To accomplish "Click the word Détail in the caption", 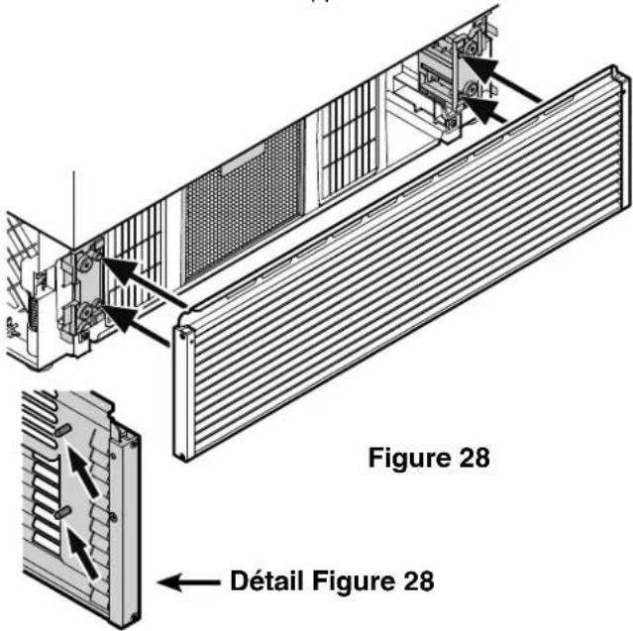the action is tap(266, 581).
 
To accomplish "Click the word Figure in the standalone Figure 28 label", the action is tap(409, 459).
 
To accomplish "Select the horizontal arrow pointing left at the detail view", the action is tap(189, 582).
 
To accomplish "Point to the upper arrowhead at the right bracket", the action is tap(481, 67).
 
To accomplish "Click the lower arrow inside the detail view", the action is tap(83, 554).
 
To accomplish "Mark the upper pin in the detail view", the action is tap(63, 431).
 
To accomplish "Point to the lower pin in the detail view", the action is tap(62, 513).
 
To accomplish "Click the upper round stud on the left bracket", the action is tap(86, 263).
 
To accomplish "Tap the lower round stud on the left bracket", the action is tap(86, 313).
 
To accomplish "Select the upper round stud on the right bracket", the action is tap(470, 50).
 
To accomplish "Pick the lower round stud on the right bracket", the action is tap(470, 89).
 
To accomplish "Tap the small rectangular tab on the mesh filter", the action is tap(243, 158).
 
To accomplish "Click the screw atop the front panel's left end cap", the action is tap(183, 334).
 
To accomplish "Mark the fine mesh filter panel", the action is tap(245, 202).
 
